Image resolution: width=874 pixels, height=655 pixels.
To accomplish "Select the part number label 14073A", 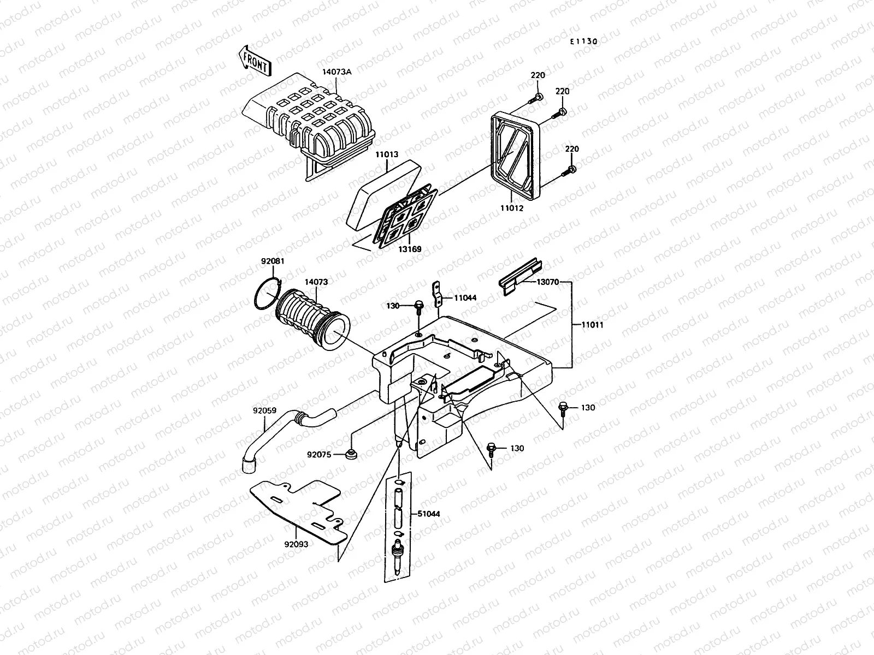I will tap(337, 72).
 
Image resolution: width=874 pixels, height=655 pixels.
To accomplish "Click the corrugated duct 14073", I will tap(311, 319).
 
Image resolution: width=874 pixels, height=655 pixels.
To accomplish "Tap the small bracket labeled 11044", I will tap(438, 295).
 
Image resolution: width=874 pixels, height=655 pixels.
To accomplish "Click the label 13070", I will tap(547, 282).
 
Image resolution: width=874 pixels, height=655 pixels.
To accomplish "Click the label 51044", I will tap(429, 514).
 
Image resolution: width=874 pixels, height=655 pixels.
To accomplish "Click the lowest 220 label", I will tap(571, 149).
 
